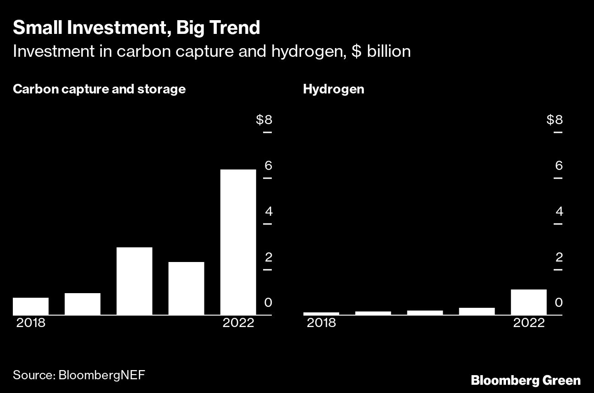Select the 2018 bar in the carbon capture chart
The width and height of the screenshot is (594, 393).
(x=31, y=306)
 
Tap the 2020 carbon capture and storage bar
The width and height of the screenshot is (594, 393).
(x=134, y=281)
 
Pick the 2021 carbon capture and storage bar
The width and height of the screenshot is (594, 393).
(x=186, y=288)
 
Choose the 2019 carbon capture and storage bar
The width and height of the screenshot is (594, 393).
(x=82, y=304)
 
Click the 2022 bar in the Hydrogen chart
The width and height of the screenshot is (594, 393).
(x=528, y=302)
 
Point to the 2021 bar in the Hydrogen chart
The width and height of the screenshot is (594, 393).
(x=477, y=311)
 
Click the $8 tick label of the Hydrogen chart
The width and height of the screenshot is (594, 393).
(x=555, y=120)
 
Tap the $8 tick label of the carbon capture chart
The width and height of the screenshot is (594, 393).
(x=264, y=120)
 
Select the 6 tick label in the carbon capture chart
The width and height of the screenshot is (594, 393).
(x=268, y=165)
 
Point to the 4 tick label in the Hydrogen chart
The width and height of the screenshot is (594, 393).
(x=559, y=212)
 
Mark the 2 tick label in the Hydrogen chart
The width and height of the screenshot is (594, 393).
(x=559, y=257)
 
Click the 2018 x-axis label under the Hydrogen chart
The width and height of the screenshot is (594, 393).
(x=321, y=322)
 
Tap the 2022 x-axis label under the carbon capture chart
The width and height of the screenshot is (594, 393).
(x=238, y=322)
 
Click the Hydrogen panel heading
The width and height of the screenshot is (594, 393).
(x=333, y=89)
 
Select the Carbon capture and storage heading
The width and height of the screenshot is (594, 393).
(x=99, y=89)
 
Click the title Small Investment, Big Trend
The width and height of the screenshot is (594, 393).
(x=136, y=28)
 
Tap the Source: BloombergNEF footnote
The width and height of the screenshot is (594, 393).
(x=79, y=375)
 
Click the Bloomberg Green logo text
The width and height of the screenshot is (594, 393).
(x=526, y=380)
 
